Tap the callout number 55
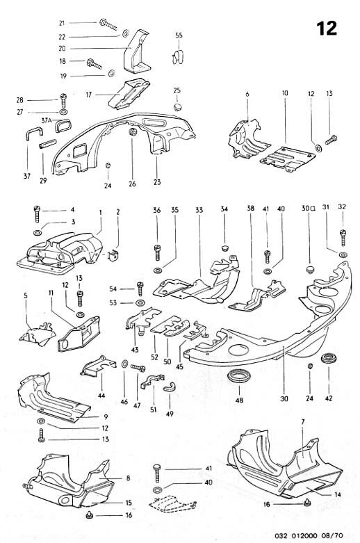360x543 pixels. (x=179, y=35)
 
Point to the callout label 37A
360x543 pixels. (x=47, y=120)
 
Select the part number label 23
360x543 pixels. (x=156, y=183)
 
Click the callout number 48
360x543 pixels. (x=240, y=400)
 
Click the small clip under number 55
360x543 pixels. (x=178, y=55)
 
